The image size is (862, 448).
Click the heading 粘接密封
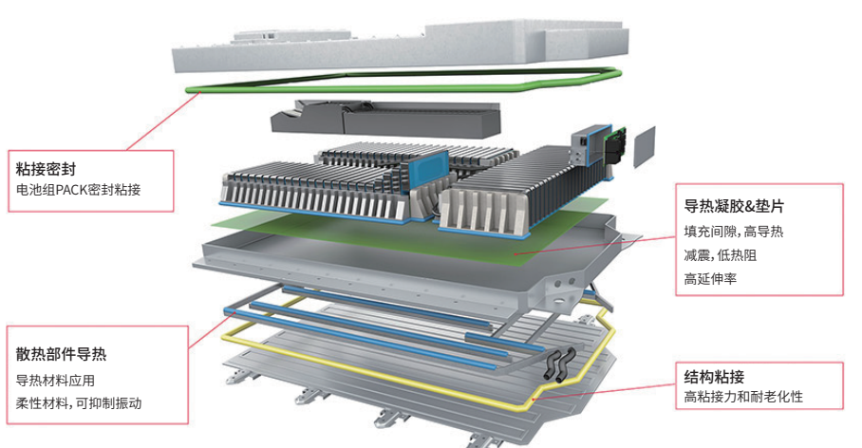(x=46, y=169)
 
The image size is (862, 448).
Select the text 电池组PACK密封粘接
(x=78, y=190)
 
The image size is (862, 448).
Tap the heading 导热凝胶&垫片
(x=734, y=206)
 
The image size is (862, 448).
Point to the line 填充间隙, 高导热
(x=733, y=232)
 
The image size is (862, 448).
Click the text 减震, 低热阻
(x=721, y=255)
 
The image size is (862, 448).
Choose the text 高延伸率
(x=710, y=279)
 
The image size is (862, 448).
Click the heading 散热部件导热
(x=61, y=354)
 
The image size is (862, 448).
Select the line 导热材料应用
(x=55, y=381)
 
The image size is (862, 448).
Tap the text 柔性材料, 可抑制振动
(x=79, y=403)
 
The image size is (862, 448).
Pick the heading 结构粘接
(x=714, y=377)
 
